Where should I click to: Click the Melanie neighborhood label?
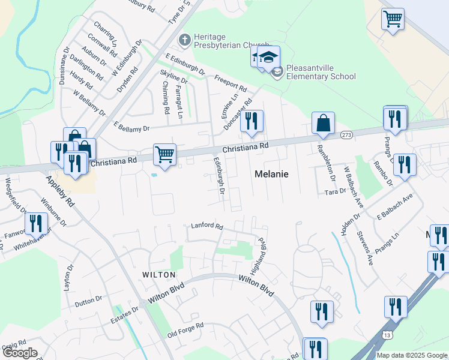tap(271, 174)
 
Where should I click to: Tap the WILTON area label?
tap(158, 274)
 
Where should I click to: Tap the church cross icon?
tap(184, 40)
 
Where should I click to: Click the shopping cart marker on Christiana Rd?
tap(164, 154)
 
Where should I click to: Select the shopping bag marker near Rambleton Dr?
tap(323, 123)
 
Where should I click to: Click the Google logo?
tap(20, 353)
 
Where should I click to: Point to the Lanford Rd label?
tap(207, 227)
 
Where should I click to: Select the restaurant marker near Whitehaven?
tap(37, 224)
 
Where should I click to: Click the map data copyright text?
tap(412, 355)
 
